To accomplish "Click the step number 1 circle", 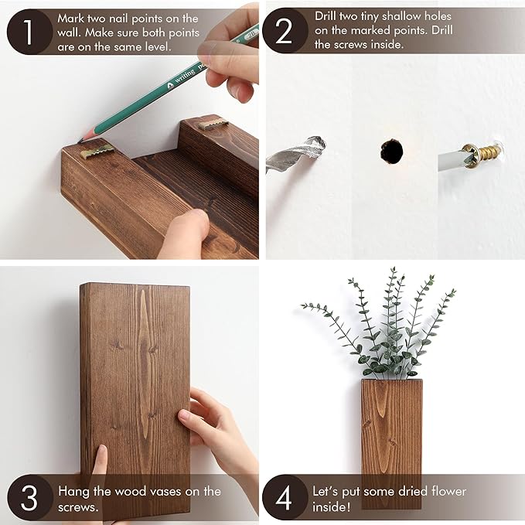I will tap(28, 32).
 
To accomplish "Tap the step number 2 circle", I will tap(285, 31).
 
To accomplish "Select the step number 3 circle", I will tap(28, 497).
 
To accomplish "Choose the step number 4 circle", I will tap(285, 497).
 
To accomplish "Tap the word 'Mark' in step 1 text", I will tap(71, 18).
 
